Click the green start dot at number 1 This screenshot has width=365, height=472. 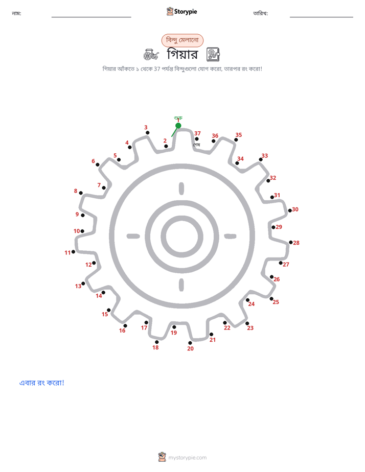coord(178,126)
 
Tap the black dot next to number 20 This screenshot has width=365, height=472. coord(190,343)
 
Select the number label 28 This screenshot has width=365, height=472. coord(296,243)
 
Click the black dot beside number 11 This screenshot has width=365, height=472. coord(73,252)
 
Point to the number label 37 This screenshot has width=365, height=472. coord(197,133)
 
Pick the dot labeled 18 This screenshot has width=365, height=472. coord(156,342)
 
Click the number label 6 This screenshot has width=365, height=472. coord(94,161)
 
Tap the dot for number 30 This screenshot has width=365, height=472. coord(290,210)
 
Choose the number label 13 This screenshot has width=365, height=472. coord(78,286)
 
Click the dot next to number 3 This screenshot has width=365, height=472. coord(148,133)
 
